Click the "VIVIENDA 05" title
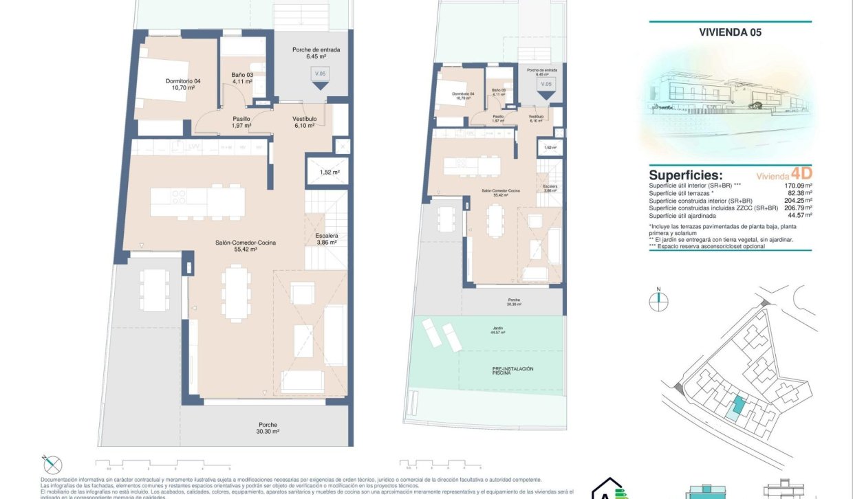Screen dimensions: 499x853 pos(730,32)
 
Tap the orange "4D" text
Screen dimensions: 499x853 pos(801,173)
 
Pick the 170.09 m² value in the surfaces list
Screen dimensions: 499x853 pos(798,186)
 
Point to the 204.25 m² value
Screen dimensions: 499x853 pos(798,201)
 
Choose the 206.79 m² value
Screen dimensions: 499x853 pos(798,208)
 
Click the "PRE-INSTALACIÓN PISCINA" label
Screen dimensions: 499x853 pos(512,371)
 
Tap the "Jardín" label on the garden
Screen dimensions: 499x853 pos(497,329)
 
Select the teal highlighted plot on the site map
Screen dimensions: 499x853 pos(737,406)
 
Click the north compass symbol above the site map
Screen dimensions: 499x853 pos(658,298)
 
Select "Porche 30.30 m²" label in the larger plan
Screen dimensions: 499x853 pos(268,428)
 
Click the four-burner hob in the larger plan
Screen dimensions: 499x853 pos(178,197)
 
